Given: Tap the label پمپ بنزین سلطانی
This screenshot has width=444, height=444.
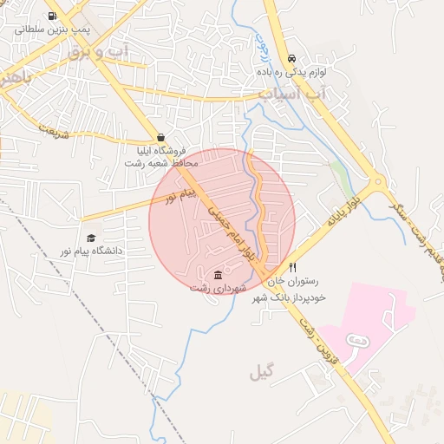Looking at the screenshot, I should [x=51, y=29].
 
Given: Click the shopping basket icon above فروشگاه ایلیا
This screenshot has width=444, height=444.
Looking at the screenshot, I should [x=161, y=137].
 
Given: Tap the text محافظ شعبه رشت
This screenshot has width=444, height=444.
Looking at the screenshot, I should [x=162, y=163].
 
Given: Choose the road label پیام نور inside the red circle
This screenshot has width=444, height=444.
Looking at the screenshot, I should [x=183, y=194].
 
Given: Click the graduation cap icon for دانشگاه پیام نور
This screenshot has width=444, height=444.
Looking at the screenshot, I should [x=91, y=238].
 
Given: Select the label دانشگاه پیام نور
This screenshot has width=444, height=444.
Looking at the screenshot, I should [x=91, y=251].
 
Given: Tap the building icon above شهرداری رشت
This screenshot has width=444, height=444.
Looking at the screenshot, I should [x=217, y=275].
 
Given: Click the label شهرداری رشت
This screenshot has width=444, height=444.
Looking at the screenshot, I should [x=219, y=288].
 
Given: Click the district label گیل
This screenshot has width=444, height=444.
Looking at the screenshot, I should [x=260, y=374].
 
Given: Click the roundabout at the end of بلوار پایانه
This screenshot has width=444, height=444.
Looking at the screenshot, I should [x=377, y=184].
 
